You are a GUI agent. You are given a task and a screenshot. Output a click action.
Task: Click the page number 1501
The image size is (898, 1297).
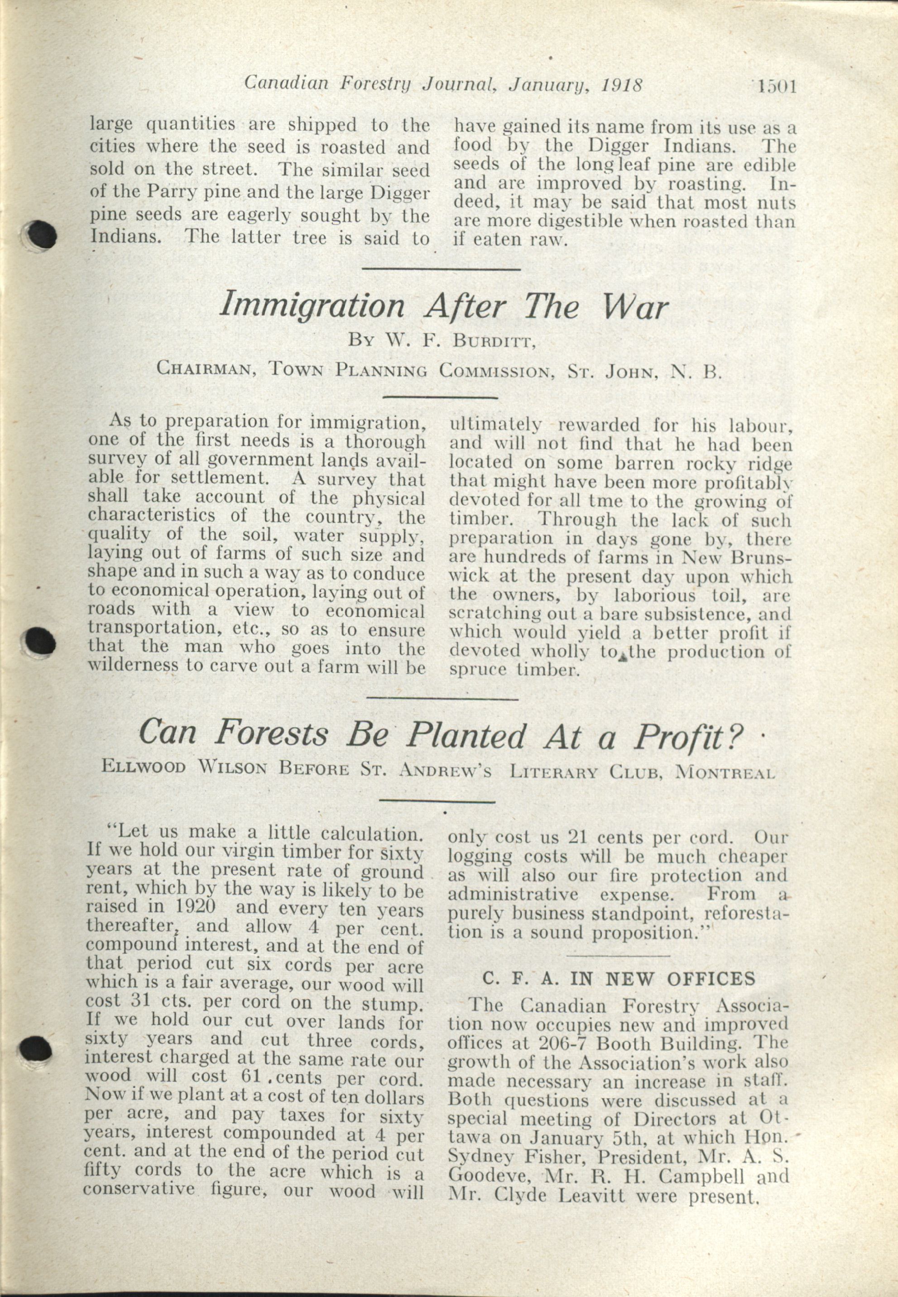pyautogui.click(x=776, y=86)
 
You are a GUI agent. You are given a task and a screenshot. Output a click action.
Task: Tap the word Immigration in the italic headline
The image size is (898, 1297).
pyautogui.click(x=312, y=306)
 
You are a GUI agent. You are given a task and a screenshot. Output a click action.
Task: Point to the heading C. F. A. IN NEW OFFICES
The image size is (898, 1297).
pyautogui.click(x=618, y=979)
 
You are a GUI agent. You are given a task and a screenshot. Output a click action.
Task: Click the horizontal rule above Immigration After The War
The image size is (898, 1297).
pyautogui.click(x=441, y=269)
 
